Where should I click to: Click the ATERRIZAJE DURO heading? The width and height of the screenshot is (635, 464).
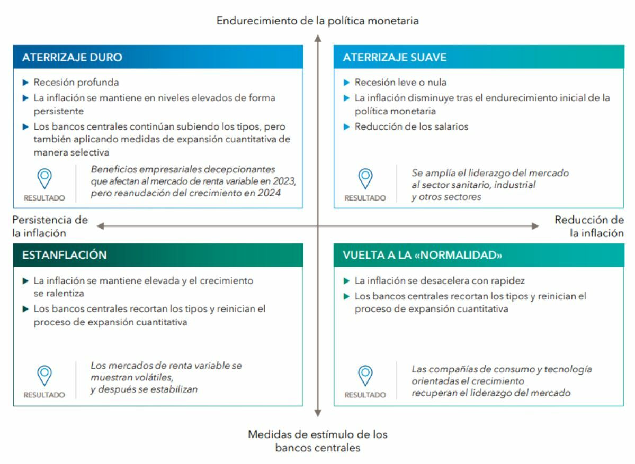[72, 57]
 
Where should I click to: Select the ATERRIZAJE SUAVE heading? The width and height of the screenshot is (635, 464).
[395, 57]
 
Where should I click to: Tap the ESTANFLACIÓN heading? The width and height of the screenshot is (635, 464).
[64, 255]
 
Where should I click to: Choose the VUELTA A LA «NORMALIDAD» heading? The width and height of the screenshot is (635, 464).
[422, 255]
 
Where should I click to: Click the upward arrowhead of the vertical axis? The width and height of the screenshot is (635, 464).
[318, 38]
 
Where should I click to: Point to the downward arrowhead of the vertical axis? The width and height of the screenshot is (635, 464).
[318, 413]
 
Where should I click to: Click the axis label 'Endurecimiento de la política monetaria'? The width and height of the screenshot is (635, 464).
[317, 21]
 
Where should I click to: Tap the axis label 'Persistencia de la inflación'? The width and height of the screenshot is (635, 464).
[50, 226]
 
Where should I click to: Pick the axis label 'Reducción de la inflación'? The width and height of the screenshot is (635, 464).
[589, 226]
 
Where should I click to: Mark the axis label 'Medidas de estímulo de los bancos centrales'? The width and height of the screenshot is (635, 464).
[318, 441]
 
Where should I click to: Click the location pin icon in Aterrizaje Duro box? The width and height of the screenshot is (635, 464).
[44, 178]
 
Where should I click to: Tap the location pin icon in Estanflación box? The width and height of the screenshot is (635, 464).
[44, 376]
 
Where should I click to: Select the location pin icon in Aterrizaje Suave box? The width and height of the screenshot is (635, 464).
[365, 178]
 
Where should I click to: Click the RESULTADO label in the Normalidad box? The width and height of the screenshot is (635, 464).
[365, 395]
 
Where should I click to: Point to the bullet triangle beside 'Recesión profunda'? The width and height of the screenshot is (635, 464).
[26, 83]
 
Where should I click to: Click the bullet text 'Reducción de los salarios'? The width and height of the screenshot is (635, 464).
[412, 126]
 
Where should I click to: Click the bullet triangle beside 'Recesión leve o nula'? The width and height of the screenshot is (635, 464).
[347, 83]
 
